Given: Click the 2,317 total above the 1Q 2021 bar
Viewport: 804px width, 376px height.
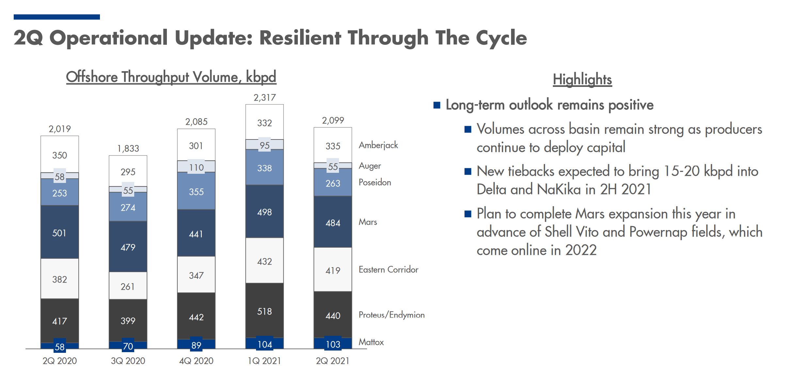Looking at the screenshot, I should [265, 98].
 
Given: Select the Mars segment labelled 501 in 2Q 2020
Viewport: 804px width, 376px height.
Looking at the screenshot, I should [59, 233].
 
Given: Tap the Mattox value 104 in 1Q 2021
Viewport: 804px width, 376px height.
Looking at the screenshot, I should [265, 344].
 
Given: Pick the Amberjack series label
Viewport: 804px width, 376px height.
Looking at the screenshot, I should [378, 145].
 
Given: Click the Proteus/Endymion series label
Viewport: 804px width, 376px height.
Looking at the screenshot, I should [391, 315].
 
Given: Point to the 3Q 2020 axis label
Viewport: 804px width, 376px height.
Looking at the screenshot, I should [128, 361].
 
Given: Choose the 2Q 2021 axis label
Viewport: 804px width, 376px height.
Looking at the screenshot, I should [332, 361].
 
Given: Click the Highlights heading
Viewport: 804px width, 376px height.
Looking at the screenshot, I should [582, 79].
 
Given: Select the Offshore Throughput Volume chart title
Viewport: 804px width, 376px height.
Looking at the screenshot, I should [171, 77].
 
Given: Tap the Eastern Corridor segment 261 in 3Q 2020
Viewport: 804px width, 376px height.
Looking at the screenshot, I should [128, 286].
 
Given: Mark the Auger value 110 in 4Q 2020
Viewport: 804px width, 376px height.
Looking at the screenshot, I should [196, 168].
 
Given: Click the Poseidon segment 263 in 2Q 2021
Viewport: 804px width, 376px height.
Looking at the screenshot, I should [333, 183].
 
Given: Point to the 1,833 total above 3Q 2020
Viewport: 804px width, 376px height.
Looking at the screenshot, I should [128, 149].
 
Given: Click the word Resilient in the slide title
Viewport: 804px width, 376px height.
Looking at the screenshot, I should [300, 38].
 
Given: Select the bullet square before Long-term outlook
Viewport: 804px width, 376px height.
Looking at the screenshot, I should [437, 105].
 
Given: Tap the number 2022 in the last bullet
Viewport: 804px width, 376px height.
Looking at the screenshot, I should [581, 250].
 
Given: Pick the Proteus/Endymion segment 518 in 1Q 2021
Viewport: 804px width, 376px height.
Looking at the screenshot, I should [265, 311].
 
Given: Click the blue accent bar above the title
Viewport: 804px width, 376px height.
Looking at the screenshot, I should [57, 17].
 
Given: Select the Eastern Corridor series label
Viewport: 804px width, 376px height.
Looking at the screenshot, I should [388, 270].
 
